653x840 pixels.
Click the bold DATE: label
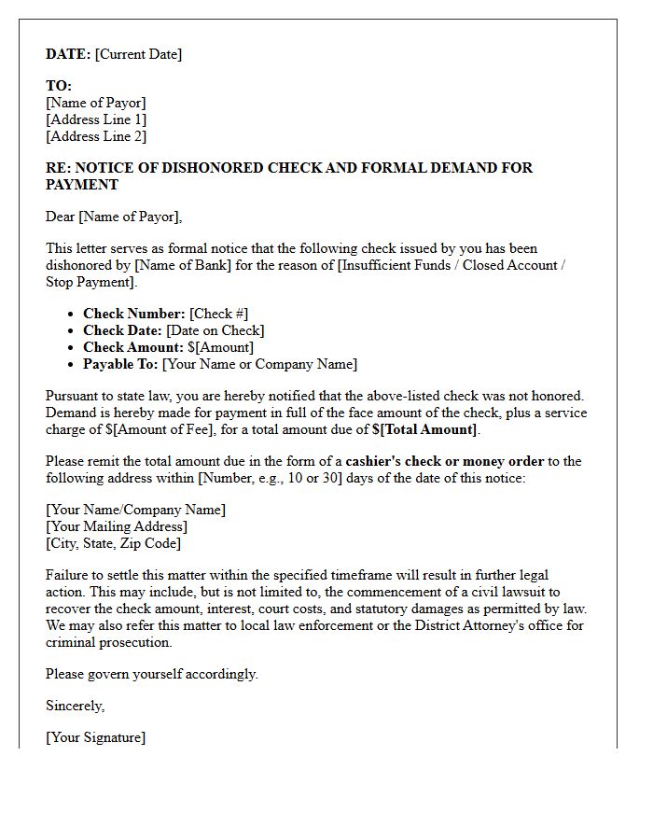click(68, 54)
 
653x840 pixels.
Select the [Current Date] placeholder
click(138, 54)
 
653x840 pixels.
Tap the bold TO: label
click(59, 86)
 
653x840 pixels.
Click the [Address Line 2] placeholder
click(96, 136)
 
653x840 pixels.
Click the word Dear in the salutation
click(61, 217)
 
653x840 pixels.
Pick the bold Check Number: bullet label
click(134, 314)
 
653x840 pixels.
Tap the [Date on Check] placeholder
click(215, 330)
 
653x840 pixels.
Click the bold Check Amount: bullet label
click(133, 347)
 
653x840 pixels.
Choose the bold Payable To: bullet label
click(121, 364)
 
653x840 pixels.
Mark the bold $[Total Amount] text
click(424, 429)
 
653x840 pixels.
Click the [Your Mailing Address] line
click(117, 526)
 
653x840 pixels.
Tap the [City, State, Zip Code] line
click(113, 543)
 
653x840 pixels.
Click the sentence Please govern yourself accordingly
click(152, 674)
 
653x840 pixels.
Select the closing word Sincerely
click(75, 706)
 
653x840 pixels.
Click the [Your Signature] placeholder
click(95, 737)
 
